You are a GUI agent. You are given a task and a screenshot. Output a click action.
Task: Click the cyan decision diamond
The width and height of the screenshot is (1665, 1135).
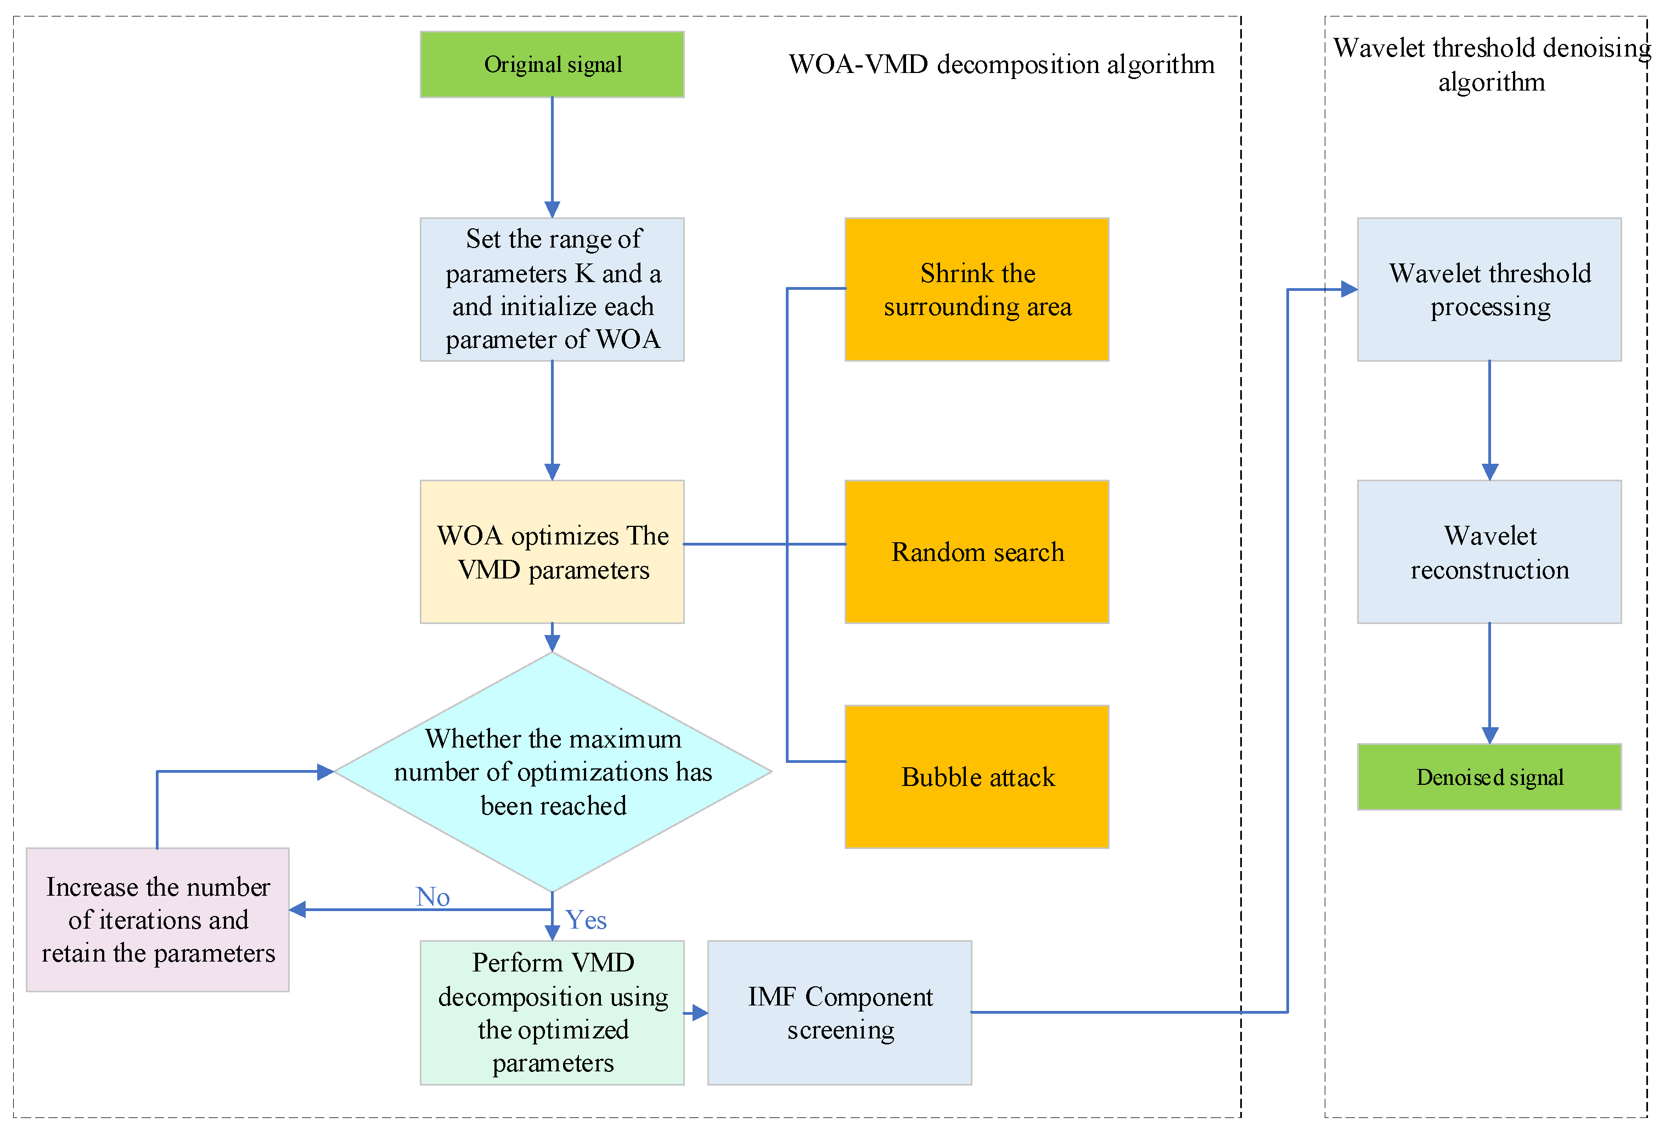pos(553,772)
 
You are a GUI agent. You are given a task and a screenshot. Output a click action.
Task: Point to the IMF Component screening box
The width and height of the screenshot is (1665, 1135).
pos(839,1013)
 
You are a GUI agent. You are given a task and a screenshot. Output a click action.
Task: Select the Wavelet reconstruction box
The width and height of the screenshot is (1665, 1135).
pos(1489,552)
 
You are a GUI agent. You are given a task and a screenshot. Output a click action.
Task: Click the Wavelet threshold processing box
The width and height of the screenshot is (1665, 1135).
pos(1489,289)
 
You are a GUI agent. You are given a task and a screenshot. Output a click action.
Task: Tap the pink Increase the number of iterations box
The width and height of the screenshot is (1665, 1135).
pos(157,920)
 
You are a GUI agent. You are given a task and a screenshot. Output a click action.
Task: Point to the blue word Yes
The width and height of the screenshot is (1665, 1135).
pos(586,920)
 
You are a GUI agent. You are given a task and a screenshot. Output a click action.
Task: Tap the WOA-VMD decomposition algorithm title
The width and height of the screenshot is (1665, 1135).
pos(1002,65)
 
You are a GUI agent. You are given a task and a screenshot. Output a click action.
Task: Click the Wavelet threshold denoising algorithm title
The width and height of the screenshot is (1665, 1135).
pos(1492,65)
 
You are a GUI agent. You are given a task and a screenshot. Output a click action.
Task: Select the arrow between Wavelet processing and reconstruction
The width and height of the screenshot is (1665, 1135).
pos(1489,420)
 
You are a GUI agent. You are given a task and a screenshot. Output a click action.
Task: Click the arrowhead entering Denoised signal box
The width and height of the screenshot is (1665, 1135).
pos(1489,736)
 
